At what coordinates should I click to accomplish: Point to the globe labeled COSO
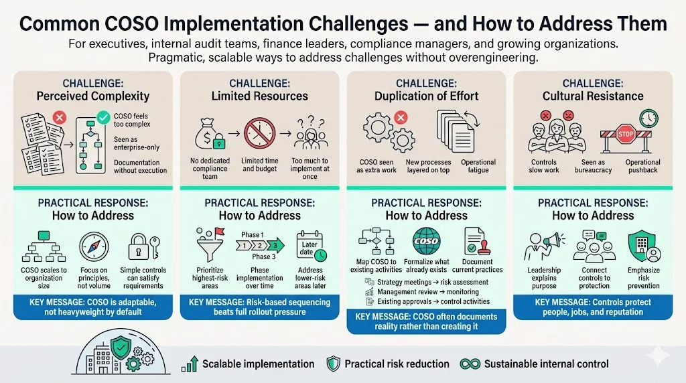(x=426, y=240)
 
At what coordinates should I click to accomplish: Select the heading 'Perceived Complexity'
(x=92, y=96)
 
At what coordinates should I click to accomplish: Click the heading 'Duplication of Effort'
(x=426, y=96)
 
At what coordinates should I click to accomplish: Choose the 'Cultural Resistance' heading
(x=593, y=96)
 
